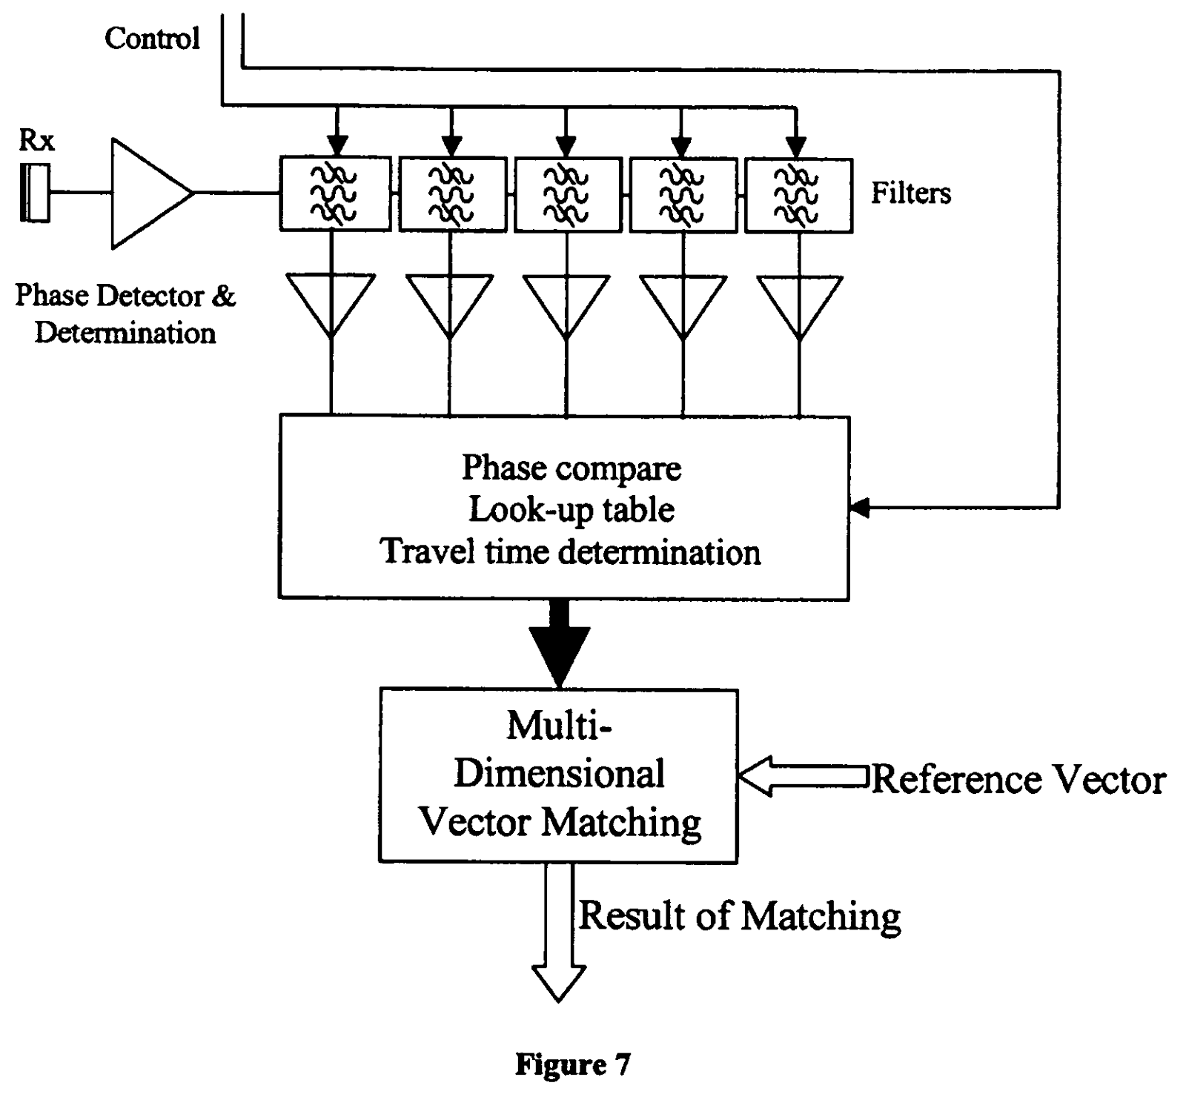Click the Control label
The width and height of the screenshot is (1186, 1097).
pyautogui.click(x=152, y=38)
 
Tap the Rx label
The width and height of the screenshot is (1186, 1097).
pyautogui.click(x=36, y=140)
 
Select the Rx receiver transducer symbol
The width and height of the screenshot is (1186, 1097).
pyautogui.click(x=35, y=193)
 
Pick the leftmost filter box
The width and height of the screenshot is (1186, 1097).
pyautogui.click(x=335, y=194)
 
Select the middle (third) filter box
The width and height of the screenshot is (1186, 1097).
pyautogui.click(x=567, y=194)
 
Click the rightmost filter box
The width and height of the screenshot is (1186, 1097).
pyautogui.click(x=798, y=194)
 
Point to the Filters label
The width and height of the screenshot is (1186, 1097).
pyautogui.click(x=910, y=193)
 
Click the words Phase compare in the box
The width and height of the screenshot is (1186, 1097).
pyautogui.click(x=572, y=468)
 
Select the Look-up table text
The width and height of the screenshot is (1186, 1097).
pyautogui.click(x=572, y=510)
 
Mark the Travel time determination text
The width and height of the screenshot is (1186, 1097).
pyautogui.click(x=570, y=552)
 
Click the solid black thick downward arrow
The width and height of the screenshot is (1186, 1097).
pyautogui.click(x=560, y=643)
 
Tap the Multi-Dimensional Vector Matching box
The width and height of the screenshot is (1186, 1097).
pyautogui.click(x=559, y=775)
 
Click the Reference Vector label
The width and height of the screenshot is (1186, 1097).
pyautogui.click(x=1018, y=779)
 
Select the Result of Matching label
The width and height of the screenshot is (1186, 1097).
pyautogui.click(x=739, y=916)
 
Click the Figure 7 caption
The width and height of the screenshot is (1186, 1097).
pyautogui.click(x=572, y=1065)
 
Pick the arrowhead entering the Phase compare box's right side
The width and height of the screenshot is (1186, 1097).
pyautogui.click(x=859, y=508)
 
